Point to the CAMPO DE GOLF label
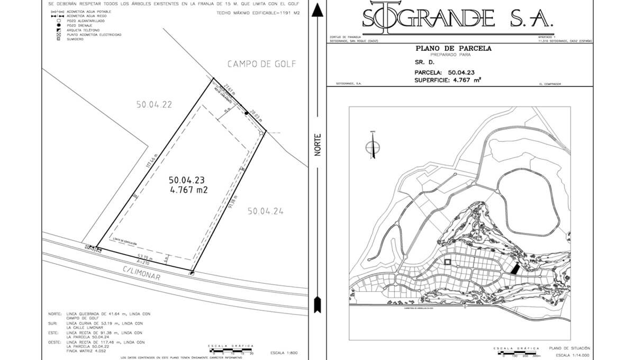(261, 64)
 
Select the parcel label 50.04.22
(154, 105)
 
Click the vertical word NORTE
(318, 144)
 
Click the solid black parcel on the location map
(513, 268)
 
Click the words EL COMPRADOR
(549, 84)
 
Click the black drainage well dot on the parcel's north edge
(247, 113)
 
